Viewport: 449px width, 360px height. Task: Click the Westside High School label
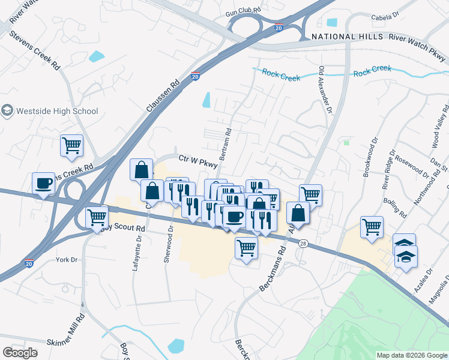click(x=56, y=111)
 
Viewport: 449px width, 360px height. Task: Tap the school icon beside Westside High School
click(x=7, y=111)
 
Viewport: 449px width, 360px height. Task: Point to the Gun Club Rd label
click(x=244, y=11)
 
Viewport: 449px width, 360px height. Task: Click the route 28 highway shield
click(x=304, y=242)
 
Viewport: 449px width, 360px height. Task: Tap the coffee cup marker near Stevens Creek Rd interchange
click(x=44, y=184)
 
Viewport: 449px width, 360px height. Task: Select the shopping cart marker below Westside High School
click(x=71, y=145)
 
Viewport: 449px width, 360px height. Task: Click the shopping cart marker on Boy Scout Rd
click(x=97, y=217)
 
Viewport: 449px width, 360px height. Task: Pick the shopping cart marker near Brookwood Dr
click(x=372, y=227)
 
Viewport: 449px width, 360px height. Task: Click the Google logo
click(x=20, y=353)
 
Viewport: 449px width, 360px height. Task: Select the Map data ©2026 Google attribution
click(x=411, y=355)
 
